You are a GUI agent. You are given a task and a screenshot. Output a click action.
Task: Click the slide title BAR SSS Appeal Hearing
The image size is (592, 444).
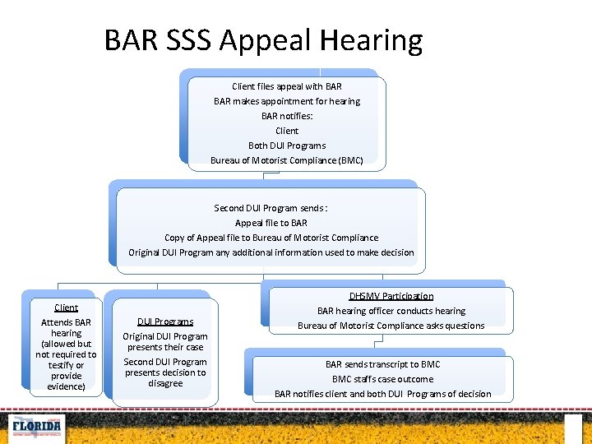pyautogui.click(x=263, y=40)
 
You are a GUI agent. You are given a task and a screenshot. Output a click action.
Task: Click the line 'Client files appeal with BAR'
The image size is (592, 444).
pyautogui.click(x=287, y=86)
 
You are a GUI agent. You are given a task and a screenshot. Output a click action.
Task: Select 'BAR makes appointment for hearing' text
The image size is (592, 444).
pyautogui.click(x=287, y=101)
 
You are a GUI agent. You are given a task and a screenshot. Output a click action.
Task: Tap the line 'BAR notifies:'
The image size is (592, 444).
pyautogui.click(x=287, y=116)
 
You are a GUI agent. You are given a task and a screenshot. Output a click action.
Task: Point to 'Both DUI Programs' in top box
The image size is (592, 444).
pyautogui.click(x=287, y=146)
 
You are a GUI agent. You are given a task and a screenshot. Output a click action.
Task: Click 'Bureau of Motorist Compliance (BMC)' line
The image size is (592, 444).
pyautogui.click(x=287, y=160)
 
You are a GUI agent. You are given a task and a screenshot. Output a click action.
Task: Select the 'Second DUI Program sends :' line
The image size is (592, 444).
pyautogui.click(x=271, y=208)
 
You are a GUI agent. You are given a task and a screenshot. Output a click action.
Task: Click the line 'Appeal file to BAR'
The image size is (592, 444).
pyautogui.click(x=271, y=223)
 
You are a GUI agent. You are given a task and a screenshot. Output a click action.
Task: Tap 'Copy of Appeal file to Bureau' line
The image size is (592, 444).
pyautogui.click(x=271, y=238)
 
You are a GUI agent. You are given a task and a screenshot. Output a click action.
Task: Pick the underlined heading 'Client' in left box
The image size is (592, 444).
pyautogui.click(x=66, y=308)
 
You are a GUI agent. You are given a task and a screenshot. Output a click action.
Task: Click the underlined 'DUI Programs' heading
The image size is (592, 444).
pyautogui.click(x=165, y=321)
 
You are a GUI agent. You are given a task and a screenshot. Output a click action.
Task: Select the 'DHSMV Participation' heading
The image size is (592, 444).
pyautogui.click(x=391, y=296)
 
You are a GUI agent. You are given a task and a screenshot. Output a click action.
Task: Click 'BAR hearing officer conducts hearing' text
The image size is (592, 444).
pyautogui.click(x=391, y=311)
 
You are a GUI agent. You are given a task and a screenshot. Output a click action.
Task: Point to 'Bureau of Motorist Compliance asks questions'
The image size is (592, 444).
pyautogui.click(x=391, y=326)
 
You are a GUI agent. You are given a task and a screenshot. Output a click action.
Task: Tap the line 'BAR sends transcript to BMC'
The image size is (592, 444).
pyautogui.click(x=382, y=364)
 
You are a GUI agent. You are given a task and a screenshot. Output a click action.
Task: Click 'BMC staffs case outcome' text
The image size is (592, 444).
pyautogui.click(x=382, y=379)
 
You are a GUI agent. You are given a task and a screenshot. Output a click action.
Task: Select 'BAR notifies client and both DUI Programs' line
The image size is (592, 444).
pyautogui.click(x=382, y=394)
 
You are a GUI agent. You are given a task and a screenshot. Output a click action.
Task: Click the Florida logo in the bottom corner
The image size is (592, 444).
pyautogui.click(x=35, y=428)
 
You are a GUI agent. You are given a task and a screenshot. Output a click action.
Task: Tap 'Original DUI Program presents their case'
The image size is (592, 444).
pyautogui.click(x=165, y=341)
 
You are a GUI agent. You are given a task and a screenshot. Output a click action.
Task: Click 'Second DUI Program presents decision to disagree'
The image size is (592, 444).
pyautogui.click(x=165, y=372)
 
